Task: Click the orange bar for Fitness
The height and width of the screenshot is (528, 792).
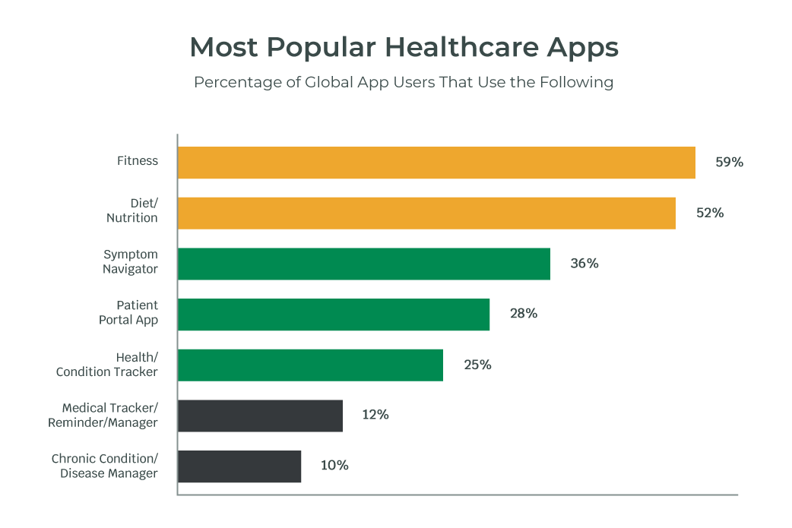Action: click(x=436, y=163)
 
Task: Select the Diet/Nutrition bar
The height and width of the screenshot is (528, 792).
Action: click(x=426, y=213)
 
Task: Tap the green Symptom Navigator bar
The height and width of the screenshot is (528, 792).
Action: click(x=364, y=264)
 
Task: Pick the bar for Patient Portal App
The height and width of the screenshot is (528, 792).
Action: click(x=334, y=314)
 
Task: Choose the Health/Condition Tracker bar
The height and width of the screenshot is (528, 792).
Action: click(x=310, y=365)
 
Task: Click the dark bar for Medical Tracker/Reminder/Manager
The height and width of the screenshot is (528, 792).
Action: click(x=260, y=416)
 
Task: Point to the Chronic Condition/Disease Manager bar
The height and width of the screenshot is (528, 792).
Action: click(x=239, y=466)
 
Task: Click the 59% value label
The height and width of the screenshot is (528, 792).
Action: click(x=729, y=163)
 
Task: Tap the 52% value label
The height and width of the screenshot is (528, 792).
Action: click(x=710, y=213)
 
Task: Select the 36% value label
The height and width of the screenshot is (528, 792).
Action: click(x=584, y=264)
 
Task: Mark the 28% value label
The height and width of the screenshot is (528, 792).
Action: click(x=524, y=314)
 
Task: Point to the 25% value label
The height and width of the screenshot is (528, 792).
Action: click(x=477, y=365)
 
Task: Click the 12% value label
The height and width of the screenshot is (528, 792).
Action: click(x=375, y=416)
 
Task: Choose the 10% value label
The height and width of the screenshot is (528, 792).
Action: click(x=334, y=466)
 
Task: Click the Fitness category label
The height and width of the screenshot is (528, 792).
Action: click(x=138, y=161)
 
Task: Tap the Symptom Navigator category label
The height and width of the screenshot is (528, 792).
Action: click(x=131, y=262)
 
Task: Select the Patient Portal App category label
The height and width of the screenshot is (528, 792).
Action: click(x=128, y=313)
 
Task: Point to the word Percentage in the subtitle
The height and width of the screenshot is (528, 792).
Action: click(x=236, y=82)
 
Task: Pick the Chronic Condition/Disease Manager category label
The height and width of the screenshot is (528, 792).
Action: click(x=105, y=466)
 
